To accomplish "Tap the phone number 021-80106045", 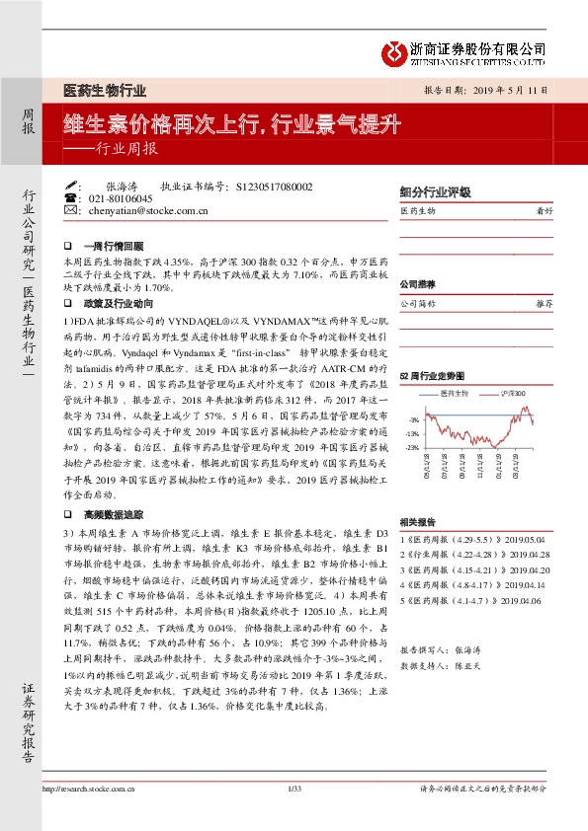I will tap(117, 198).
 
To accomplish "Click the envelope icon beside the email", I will tap(69, 210).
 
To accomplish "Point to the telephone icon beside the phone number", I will tap(69, 198).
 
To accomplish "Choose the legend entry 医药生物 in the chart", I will tap(453, 392).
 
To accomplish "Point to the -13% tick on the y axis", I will tap(411, 433).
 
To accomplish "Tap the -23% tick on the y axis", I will tap(411, 447).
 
